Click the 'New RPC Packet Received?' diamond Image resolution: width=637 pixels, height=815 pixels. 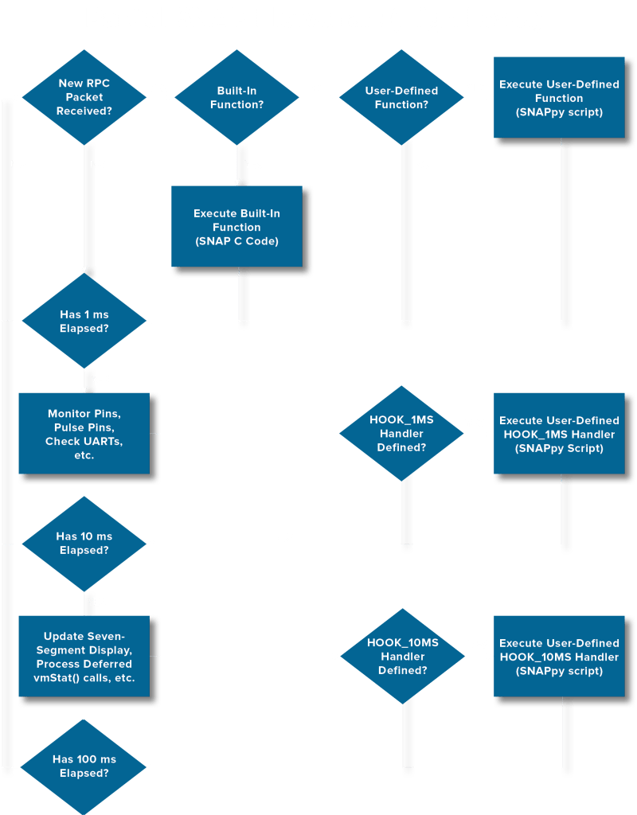pyautogui.click(x=84, y=97)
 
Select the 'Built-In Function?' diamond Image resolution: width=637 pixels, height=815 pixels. pyautogui.click(x=236, y=97)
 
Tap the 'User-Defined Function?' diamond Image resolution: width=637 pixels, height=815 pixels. pyautogui.click(x=401, y=97)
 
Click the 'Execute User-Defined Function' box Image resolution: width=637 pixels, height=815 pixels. pyautogui.click(x=559, y=98)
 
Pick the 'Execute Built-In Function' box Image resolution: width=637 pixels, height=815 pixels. pyautogui.click(x=236, y=227)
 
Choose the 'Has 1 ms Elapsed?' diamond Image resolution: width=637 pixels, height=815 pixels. pyautogui.click(x=84, y=321)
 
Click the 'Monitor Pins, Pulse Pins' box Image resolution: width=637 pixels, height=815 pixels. pyautogui.click(x=84, y=434)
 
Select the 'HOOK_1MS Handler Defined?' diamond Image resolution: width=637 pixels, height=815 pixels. pyautogui.click(x=401, y=434)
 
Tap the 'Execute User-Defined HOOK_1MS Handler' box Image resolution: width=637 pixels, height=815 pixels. pyautogui.click(x=559, y=434)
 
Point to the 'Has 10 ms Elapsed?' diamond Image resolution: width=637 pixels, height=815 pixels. pyautogui.click(x=84, y=544)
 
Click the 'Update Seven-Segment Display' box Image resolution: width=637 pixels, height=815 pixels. pyautogui.click(x=84, y=657)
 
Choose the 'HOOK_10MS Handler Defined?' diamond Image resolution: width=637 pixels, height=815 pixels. pyautogui.click(x=402, y=657)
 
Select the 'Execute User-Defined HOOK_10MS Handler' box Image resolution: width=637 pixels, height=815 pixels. pyautogui.click(x=559, y=657)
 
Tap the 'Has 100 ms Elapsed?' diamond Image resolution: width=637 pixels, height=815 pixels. pyautogui.click(x=84, y=766)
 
